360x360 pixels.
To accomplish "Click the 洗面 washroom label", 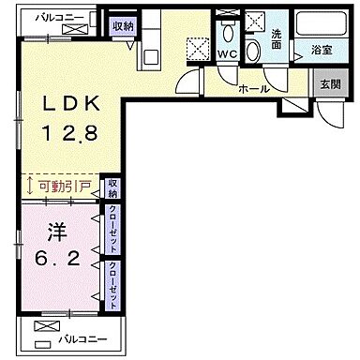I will [278, 41].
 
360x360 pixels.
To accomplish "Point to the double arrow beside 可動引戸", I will [31, 187].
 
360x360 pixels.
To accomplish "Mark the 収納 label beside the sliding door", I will [112, 187].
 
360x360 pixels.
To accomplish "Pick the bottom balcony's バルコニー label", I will [84, 338].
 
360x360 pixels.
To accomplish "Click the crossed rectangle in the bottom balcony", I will [43, 327].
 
